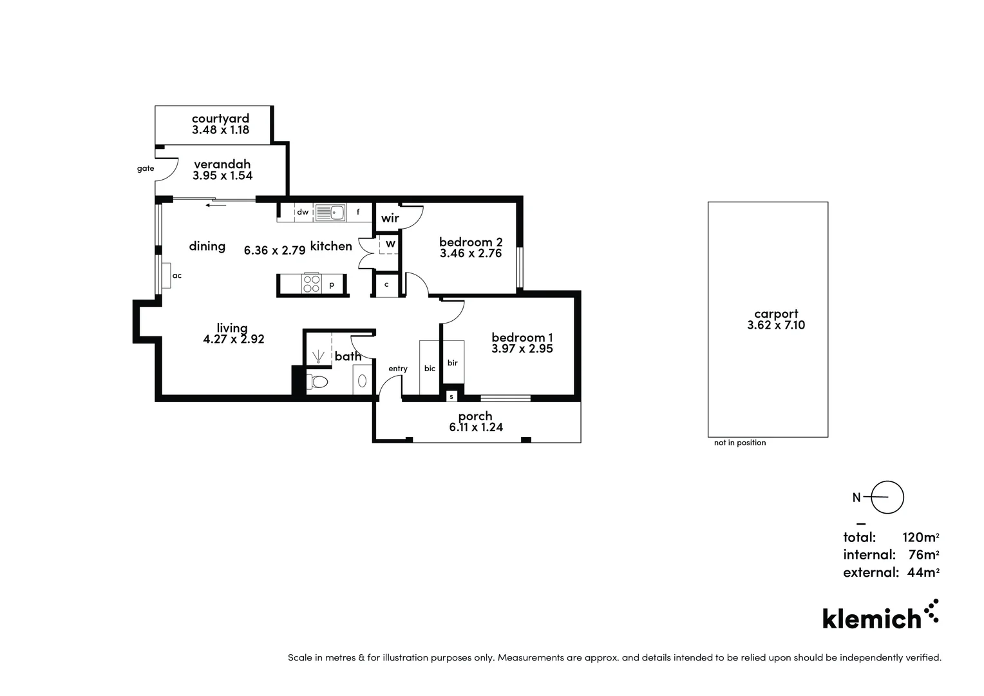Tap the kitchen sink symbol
pyautogui.click(x=330, y=212)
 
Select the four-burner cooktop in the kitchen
pyautogui.click(x=312, y=284)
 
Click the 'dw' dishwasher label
pyautogui.click(x=302, y=212)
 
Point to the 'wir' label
pyautogui.click(x=390, y=218)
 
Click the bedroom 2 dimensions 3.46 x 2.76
pyautogui.click(x=470, y=253)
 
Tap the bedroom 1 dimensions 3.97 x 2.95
pyautogui.click(x=522, y=349)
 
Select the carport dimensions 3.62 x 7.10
pyautogui.click(x=775, y=325)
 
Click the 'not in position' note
pyautogui.click(x=740, y=443)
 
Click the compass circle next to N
pyautogui.click(x=887, y=498)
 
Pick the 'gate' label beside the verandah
pyautogui.click(x=146, y=169)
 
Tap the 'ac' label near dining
pyautogui.click(x=177, y=276)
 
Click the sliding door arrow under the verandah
pyautogui.click(x=216, y=206)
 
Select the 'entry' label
pyautogui.click(x=397, y=369)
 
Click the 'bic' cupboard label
pyautogui.click(x=430, y=369)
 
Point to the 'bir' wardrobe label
pyautogui.click(x=452, y=363)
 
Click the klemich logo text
pyautogui.click(x=872, y=619)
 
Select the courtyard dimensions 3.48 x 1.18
pyautogui.click(x=220, y=130)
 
